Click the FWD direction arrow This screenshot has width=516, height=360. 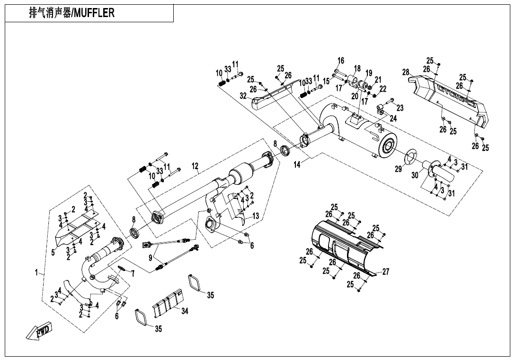(x=40, y=331)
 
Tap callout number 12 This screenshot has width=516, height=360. (x=195, y=166)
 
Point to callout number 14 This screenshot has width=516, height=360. (x=297, y=165)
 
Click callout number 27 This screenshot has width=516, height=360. (x=386, y=272)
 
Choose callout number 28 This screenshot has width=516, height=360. (x=406, y=72)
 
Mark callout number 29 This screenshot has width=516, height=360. (x=399, y=169)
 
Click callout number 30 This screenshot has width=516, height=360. (x=415, y=175)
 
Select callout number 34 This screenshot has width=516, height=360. (x=185, y=311)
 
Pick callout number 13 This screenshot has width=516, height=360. (x=256, y=216)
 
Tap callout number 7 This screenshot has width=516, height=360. (x=133, y=273)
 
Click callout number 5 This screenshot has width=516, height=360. (x=53, y=252)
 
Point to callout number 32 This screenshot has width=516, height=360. (x=243, y=96)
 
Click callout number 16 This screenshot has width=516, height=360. (x=341, y=61)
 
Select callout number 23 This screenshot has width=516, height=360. (x=400, y=108)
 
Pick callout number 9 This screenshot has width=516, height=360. (x=151, y=258)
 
